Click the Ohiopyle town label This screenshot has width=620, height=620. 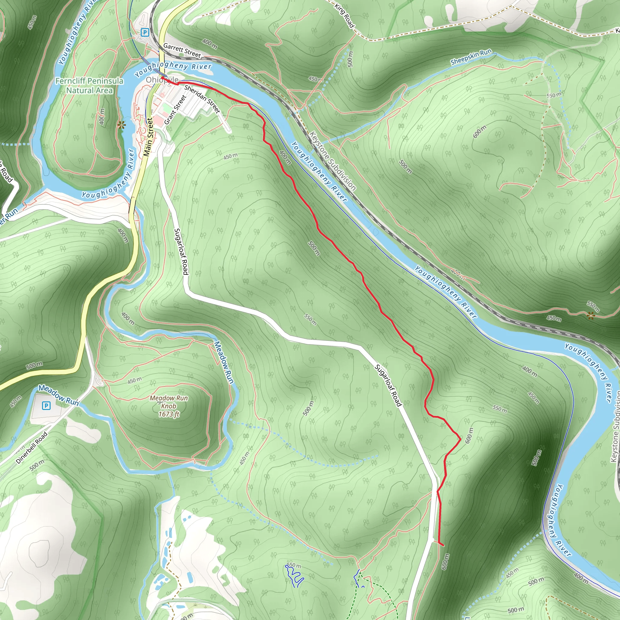[x=162, y=80]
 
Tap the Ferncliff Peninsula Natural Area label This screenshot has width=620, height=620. [x=89, y=85]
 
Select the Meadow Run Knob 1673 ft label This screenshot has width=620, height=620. [x=169, y=406]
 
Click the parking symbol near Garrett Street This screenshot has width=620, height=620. [x=145, y=32]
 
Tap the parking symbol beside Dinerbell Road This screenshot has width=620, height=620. [x=46, y=406]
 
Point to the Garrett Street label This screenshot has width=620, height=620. [x=182, y=51]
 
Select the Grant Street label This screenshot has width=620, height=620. [x=175, y=110]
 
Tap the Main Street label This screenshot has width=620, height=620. [x=148, y=137]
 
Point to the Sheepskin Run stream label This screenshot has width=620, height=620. [x=471, y=57]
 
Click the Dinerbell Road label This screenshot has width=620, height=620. [x=32, y=448]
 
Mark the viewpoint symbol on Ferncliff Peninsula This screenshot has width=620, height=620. [x=121, y=125]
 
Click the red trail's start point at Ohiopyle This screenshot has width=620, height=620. [x=162, y=78]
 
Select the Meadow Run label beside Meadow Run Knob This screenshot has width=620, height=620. [x=224, y=362]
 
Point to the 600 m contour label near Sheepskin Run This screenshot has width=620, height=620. [x=480, y=132]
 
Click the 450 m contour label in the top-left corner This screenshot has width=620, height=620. [x=32, y=22]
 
